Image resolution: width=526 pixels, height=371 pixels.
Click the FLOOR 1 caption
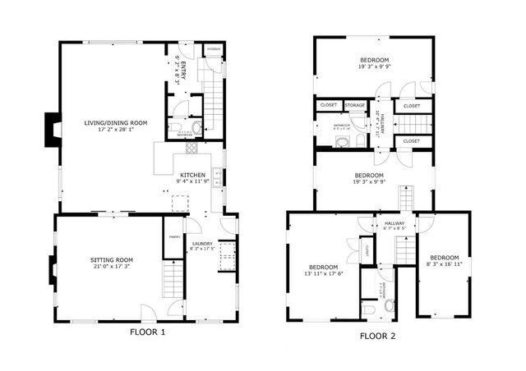point(148,332)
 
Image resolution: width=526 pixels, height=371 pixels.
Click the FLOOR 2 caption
point(380,336)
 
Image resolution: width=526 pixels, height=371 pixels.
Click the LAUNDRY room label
point(202,245)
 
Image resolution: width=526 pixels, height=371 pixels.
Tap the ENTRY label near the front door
point(182,70)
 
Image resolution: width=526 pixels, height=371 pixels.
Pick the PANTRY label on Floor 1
point(173,237)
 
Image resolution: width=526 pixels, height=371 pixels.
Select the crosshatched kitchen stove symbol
point(191,149)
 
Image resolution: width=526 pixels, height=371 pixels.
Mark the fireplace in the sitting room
point(53,268)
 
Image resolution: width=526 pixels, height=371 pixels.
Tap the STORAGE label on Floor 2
point(355,105)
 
